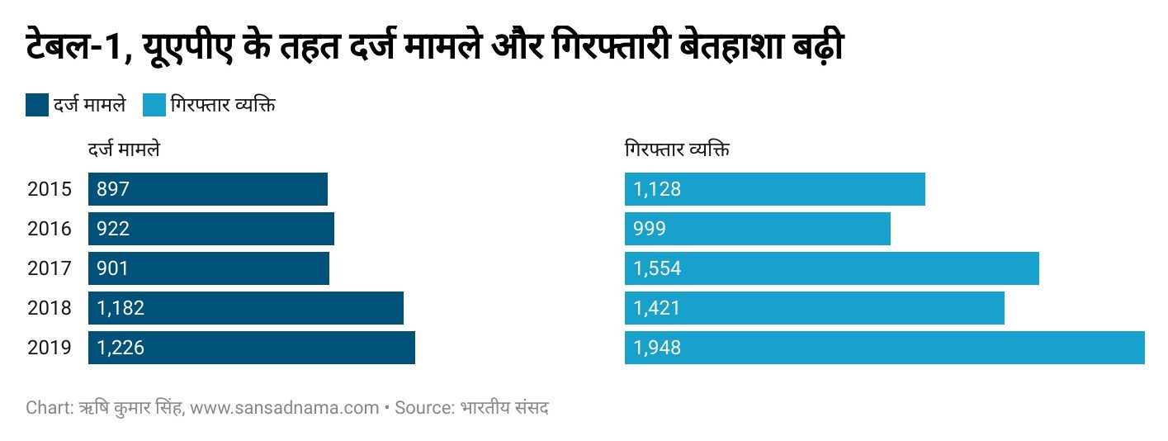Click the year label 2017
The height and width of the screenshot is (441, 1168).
point(50,268)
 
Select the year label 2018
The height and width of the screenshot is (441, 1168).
point(50,308)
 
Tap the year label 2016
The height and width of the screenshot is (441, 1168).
point(50,229)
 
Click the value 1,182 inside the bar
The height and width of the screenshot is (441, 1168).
point(121,308)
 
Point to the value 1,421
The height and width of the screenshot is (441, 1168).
point(657,308)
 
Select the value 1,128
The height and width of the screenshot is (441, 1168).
point(657,189)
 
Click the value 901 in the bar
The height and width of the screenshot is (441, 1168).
point(113,268)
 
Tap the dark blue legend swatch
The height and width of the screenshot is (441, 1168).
point(37,105)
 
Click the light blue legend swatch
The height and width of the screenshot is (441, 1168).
point(154,105)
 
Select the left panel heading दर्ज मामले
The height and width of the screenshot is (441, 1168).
point(124,151)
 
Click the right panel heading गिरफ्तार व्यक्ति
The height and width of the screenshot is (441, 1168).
point(677,151)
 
